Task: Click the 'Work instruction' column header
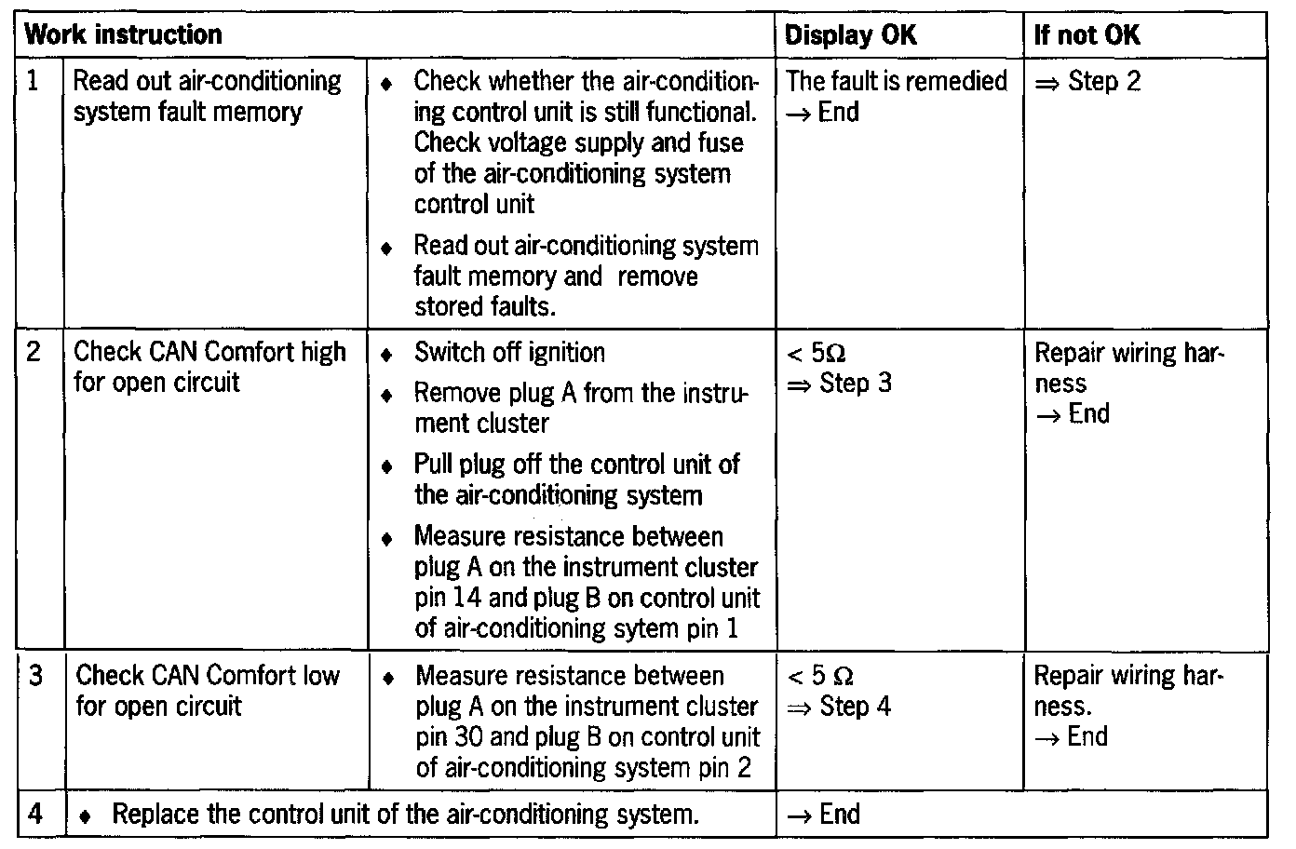123,35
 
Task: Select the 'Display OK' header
850,35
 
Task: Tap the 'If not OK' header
1087,35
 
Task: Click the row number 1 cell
34,81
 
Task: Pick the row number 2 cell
34,352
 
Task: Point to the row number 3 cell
36,675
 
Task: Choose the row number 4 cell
35,815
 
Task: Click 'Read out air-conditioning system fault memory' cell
207,97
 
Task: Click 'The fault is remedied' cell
896,81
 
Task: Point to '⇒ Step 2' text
1087,81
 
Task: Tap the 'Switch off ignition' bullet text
509,353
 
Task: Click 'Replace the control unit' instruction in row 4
405,815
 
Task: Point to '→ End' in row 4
823,815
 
